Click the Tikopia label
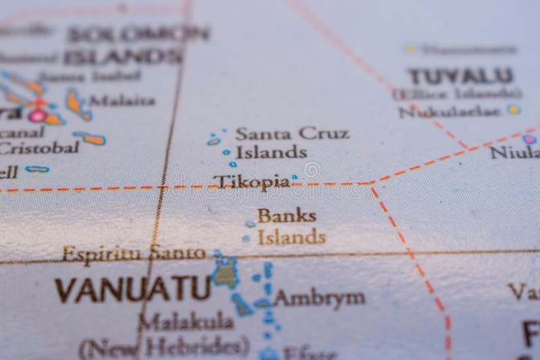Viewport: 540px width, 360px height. coord(252,181)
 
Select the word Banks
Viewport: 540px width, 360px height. coord(286,216)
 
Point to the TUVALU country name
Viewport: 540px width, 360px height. coord(460,76)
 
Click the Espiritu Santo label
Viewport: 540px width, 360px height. coord(134,253)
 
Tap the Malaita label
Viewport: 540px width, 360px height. coord(122,101)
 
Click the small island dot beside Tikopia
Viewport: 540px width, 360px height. coord(294,178)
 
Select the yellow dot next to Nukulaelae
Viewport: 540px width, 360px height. coord(514,109)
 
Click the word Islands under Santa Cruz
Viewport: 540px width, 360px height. coord(271,151)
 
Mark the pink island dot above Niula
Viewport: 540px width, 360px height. coord(529,139)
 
